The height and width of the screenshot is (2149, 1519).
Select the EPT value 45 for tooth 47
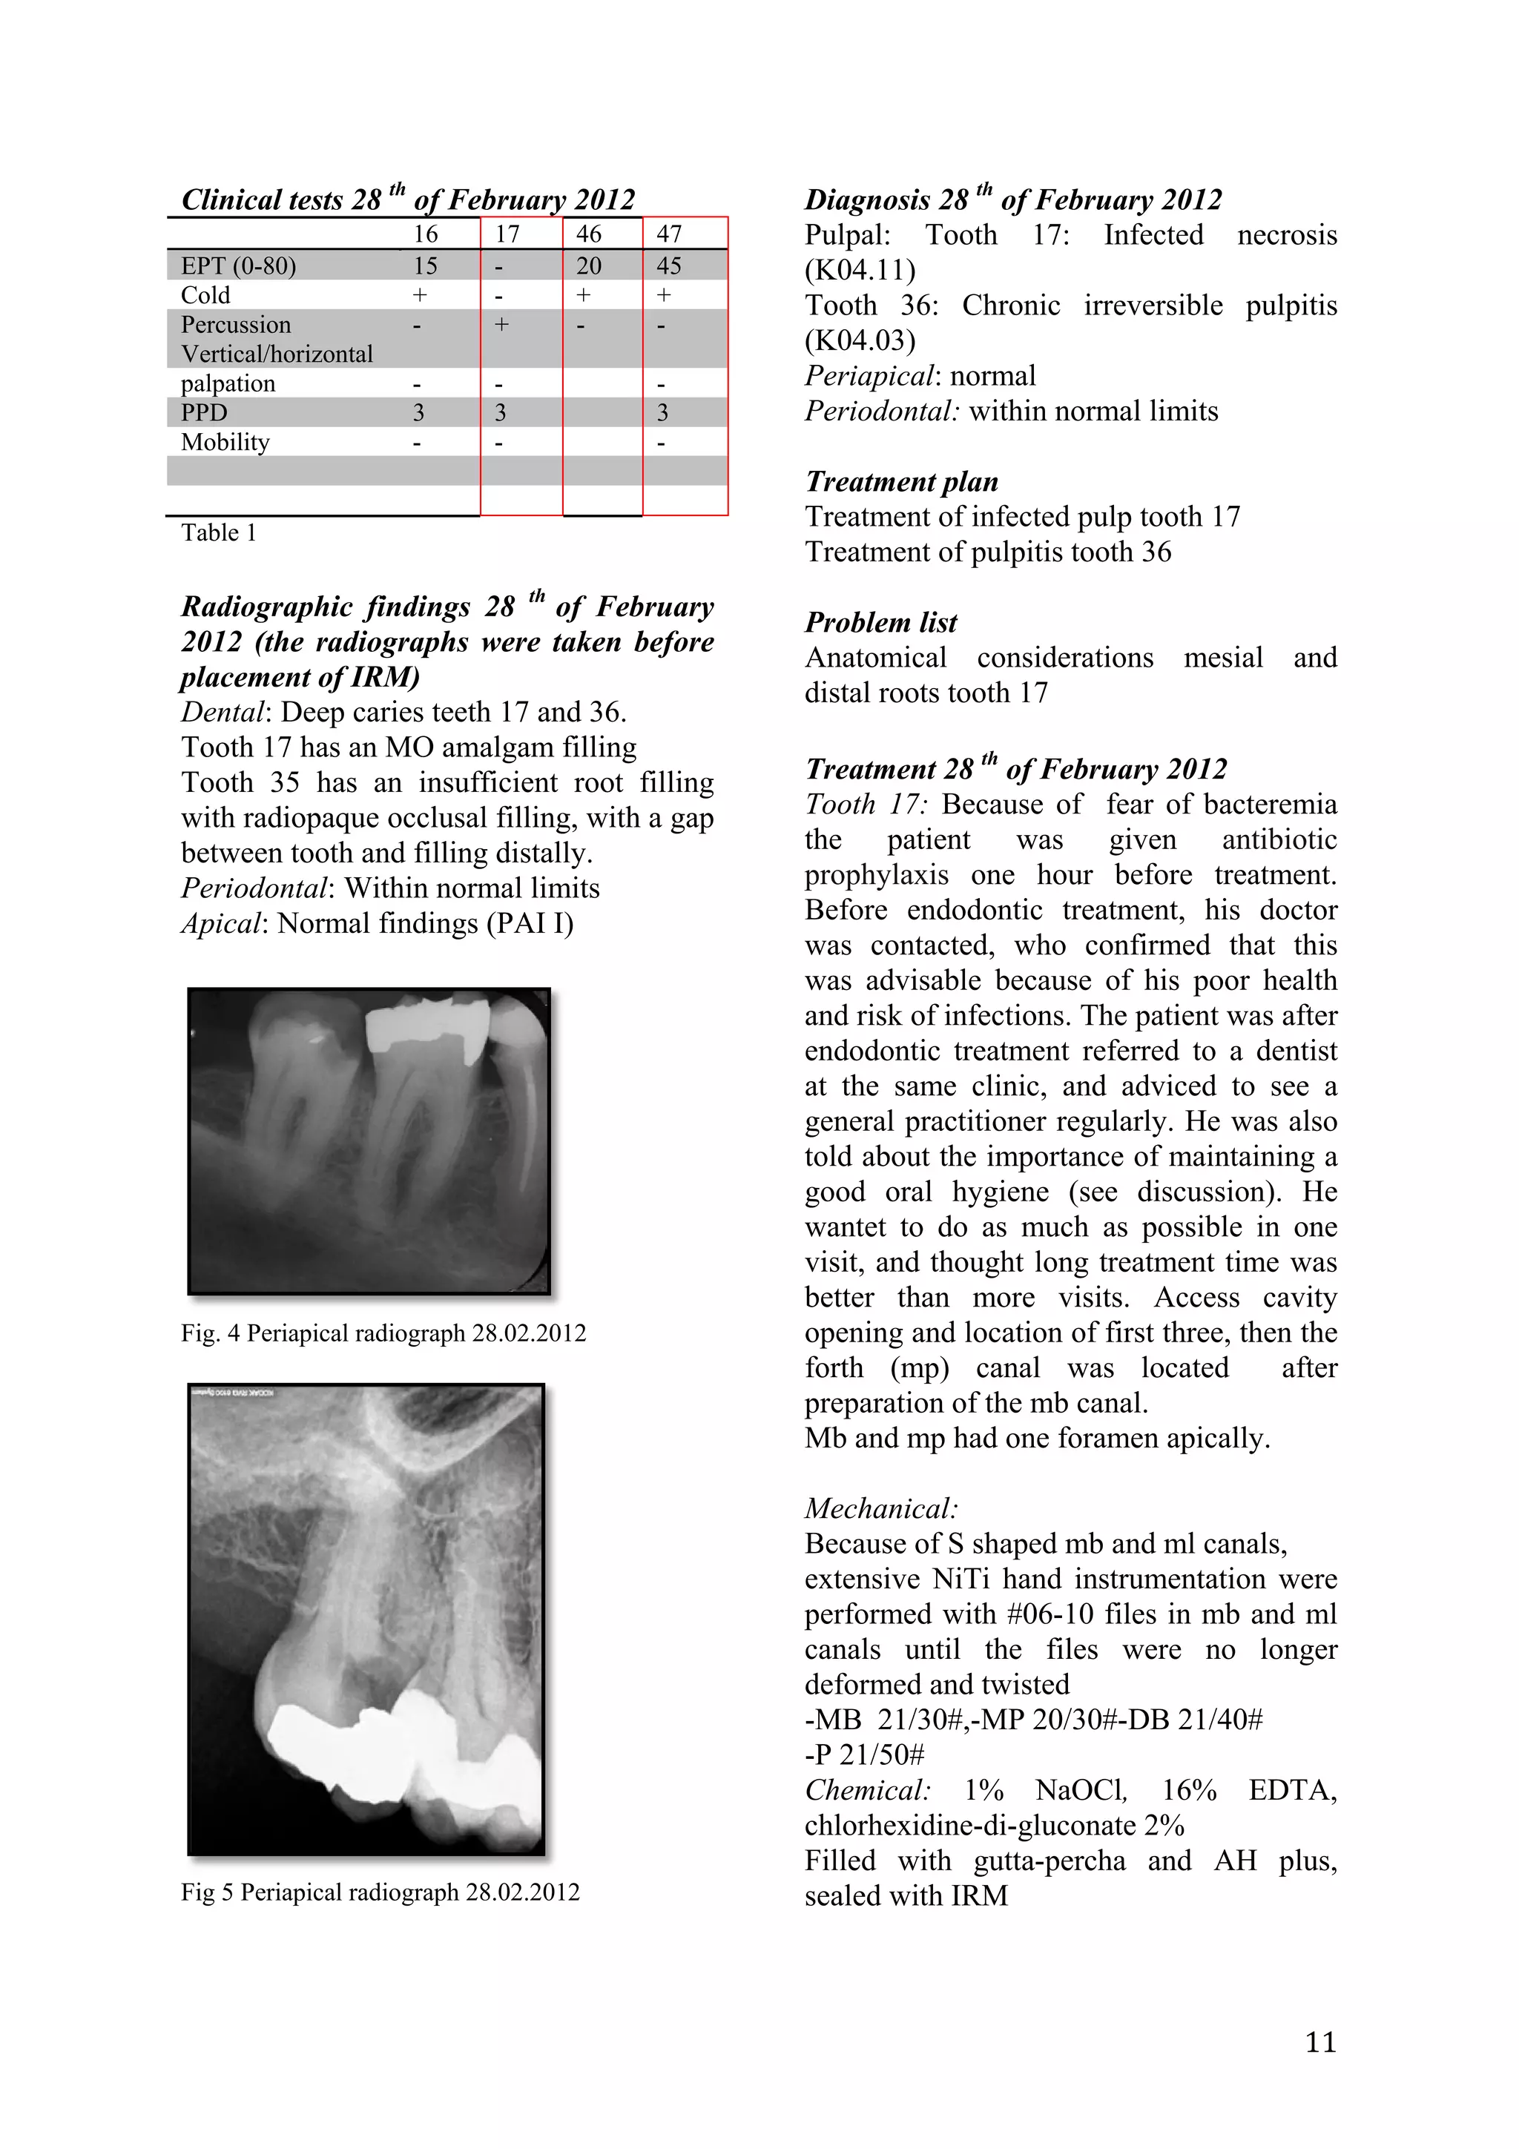click(x=668, y=265)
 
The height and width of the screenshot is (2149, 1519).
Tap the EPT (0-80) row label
click(x=238, y=265)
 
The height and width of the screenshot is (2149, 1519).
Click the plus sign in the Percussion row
click(x=501, y=325)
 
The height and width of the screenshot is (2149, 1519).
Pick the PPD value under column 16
click(x=418, y=413)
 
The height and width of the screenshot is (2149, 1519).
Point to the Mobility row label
click(x=225, y=442)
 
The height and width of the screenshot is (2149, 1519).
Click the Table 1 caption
click(x=218, y=532)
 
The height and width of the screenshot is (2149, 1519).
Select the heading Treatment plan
click(x=900, y=481)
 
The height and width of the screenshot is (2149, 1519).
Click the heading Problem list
click(x=880, y=622)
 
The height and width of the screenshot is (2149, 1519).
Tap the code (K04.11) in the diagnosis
click(x=859, y=271)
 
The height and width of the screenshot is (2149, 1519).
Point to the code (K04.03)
click(x=859, y=340)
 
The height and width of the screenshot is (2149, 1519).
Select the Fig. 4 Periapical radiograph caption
click(x=383, y=1333)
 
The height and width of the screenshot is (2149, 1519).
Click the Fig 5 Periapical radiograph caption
click(x=379, y=1892)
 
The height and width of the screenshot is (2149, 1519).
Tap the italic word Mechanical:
click(x=880, y=1509)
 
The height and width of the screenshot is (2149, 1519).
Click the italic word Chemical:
click(x=866, y=1791)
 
